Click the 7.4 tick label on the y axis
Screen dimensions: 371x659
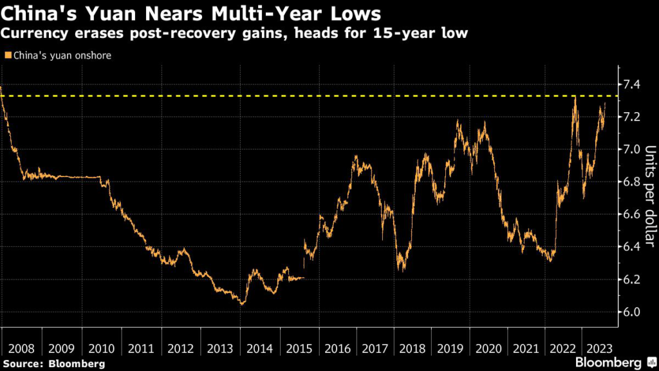click(632, 84)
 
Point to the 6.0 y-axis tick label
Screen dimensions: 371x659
click(632, 312)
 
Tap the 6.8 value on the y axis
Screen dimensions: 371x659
click(632, 182)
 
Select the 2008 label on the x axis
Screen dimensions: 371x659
click(21, 349)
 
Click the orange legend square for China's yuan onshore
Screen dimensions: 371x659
click(8, 55)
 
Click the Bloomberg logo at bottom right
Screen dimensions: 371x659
click(616, 363)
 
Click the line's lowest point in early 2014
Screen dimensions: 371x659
click(241, 303)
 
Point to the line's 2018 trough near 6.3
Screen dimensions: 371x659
click(402, 270)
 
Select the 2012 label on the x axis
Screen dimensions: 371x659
click(181, 349)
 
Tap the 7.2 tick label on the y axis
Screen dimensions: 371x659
click(632, 117)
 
